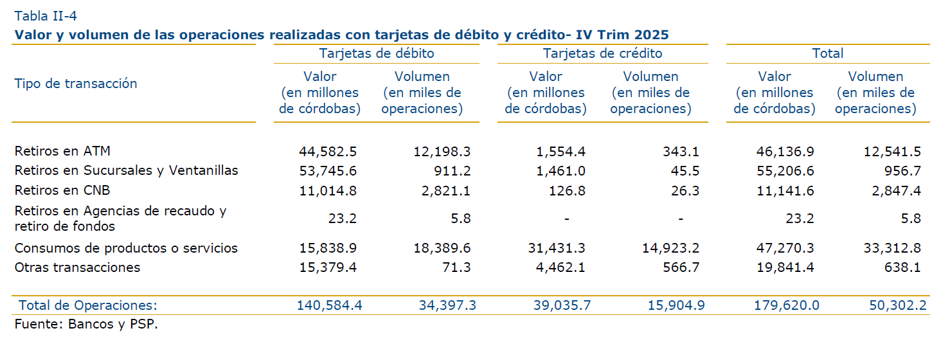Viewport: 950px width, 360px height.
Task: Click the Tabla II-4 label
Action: tap(46, 16)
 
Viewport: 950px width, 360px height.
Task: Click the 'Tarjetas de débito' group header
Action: tap(376, 53)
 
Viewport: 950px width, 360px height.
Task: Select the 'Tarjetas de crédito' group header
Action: tap(602, 53)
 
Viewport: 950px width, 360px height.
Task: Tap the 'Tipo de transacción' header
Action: tap(76, 84)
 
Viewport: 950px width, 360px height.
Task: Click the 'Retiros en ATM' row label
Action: tap(62, 151)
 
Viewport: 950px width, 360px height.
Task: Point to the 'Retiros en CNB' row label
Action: tap(62, 190)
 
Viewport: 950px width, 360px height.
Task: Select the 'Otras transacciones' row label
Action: tap(77, 267)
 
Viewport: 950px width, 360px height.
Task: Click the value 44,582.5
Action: tap(328, 152)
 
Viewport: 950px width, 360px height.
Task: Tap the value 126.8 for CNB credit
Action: tap(568, 190)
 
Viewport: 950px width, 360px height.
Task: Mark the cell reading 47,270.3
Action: tap(783, 248)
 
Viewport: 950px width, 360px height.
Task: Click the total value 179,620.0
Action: tap(786, 305)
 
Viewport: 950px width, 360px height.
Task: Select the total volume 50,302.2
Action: tap(897, 305)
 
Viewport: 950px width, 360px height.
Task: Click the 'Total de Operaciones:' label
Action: tap(88, 305)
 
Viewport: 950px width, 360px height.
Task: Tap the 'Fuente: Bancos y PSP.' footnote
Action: tap(86, 324)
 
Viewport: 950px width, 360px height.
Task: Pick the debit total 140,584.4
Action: tap(329, 305)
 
